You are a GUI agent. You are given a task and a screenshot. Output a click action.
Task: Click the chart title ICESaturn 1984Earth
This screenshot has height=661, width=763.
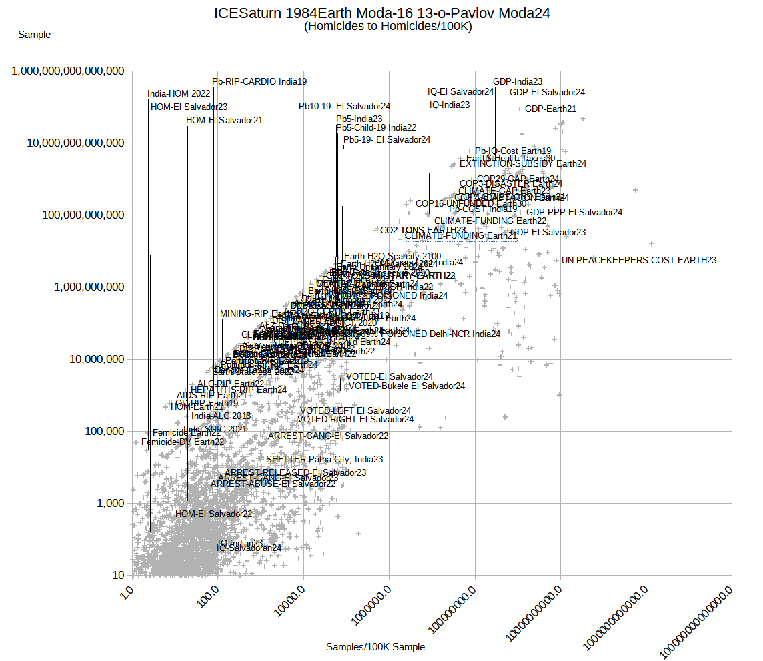click(x=381, y=13)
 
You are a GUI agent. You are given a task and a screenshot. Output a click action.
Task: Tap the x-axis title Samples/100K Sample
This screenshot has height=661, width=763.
click(x=375, y=647)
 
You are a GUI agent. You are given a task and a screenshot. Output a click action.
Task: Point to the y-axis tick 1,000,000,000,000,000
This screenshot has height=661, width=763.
click(x=69, y=71)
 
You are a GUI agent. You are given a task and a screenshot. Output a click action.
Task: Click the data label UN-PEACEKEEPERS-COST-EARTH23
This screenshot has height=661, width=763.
click(x=639, y=260)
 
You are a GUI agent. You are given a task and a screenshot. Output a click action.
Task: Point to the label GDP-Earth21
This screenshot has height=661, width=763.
click(x=550, y=109)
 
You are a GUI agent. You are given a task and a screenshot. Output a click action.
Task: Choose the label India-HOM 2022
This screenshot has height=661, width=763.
click(x=179, y=94)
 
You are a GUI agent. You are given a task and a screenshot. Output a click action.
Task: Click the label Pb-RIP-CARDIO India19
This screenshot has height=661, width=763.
click(x=259, y=82)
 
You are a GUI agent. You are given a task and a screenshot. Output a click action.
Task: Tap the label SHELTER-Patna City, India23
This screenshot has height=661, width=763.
click(x=324, y=460)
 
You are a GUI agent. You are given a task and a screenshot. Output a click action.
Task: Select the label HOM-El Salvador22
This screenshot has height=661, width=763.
click(x=213, y=514)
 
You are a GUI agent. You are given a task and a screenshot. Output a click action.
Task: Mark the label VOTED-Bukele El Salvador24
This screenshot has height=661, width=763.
click(x=407, y=386)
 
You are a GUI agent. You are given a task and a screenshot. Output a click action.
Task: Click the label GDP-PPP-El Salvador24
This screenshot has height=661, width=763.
click(x=574, y=213)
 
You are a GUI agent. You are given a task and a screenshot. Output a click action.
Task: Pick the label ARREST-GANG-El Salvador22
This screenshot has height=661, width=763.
click(x=328, y=436)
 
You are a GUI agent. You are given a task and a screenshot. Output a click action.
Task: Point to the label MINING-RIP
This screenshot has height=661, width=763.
click(x=243, y=313)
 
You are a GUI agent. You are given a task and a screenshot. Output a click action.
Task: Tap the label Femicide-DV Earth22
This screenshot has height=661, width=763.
click(x=183, y=442)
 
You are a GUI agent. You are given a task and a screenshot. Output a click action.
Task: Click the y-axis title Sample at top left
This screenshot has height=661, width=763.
click(x=34, y=35)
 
